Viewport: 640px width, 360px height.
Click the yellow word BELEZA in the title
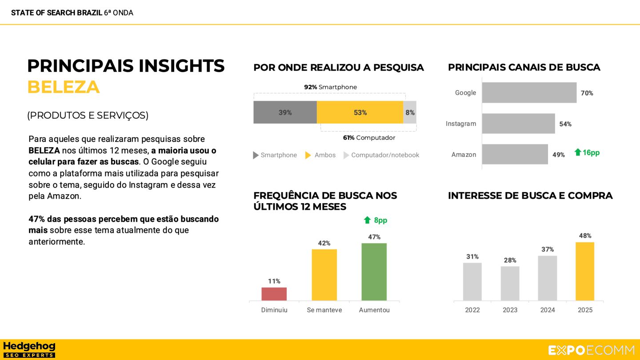tap(63, 87)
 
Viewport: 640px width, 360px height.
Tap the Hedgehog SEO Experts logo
tap(29, 349)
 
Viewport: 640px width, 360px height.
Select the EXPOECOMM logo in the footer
tap(591, 350)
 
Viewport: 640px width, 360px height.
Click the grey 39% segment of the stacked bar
tap(285, 112)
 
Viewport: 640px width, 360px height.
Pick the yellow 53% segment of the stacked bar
tap(360, 112)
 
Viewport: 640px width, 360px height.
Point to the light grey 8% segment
tap(410, 112)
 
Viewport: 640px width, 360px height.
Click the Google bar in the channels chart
tap(529, 92)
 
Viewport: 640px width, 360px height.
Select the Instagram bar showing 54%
tap(518, 124)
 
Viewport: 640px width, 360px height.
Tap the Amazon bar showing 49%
tap(515, 154)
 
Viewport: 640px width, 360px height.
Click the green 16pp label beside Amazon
tap(587, 152)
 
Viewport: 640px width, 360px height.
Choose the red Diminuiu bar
tap(274, 294)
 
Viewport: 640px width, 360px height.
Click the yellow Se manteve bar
tap(324, 275)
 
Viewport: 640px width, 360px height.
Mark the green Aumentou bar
tap(374, 272)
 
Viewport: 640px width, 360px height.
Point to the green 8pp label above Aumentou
tap(376, 220)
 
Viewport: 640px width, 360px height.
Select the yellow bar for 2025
tap(585, 271)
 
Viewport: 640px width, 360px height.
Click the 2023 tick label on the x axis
tap(510, 310)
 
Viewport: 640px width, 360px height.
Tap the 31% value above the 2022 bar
tap(472, 256)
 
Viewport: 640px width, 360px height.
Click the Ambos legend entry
tap(320, 155)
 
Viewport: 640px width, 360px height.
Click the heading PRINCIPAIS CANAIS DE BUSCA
tap(524, 68)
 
